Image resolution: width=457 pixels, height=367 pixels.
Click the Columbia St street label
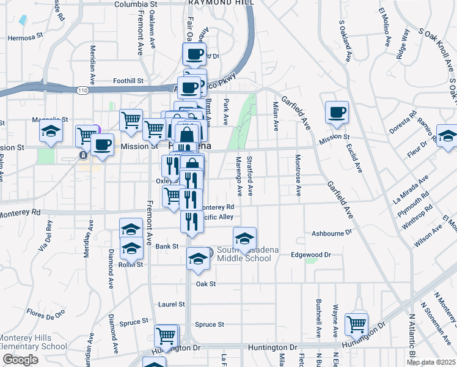pyautogui.click(x=136, y=4)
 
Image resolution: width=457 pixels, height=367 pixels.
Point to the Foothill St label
pyautogui.click(x=128, y=80)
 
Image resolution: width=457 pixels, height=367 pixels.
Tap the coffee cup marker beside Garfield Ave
pyautogui.click(x=337, y=113)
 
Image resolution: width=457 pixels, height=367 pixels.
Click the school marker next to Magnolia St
pyautogui.click(x=51, y=130)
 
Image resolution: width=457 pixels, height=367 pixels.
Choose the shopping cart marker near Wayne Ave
pyautogui.click(x=356, y=324)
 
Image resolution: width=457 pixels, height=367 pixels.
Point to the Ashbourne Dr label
pyautogui.click(x=332, y=233)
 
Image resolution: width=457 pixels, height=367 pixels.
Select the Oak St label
pyautogui.click(x=206, y=284)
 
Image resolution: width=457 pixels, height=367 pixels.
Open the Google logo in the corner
pyautogui.click(x=20, y=360)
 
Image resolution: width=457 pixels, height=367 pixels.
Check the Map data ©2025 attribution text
pyautogui.click(x=431, y=362)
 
